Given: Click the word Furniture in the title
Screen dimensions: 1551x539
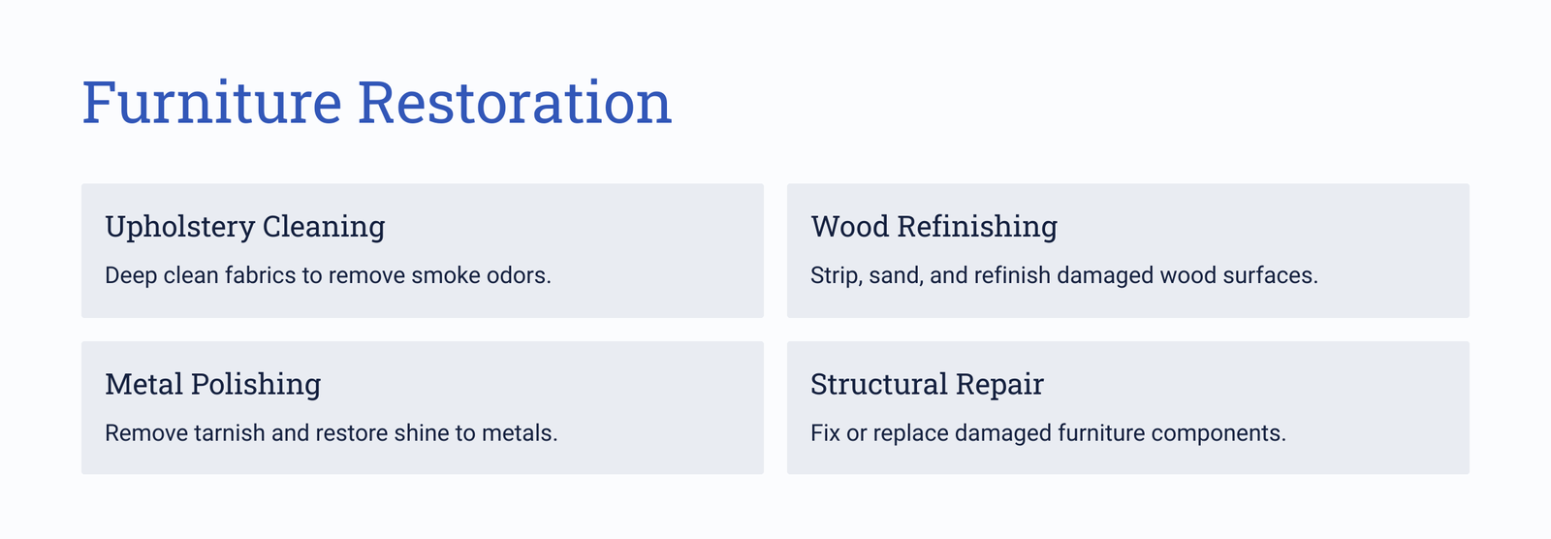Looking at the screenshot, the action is click(x=212, y=103).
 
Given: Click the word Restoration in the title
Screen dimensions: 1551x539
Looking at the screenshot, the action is click(x=515, y=103).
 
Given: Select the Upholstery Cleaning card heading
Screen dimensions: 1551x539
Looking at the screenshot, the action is click(x=245, y=227).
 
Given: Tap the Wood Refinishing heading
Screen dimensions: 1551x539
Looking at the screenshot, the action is click(x=934, y=227).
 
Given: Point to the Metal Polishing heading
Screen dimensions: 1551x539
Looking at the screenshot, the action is click(x=213, y=385).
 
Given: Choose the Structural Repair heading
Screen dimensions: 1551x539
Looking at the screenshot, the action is click(x=927, y=385).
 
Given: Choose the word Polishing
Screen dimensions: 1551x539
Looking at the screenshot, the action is click(x=256, y=385).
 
